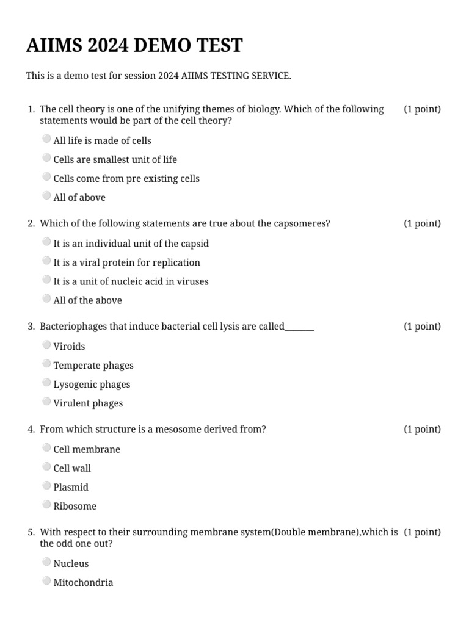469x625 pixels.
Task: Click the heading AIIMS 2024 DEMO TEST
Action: (x=134, y=46)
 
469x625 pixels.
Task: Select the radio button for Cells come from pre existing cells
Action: (x=47, y=177)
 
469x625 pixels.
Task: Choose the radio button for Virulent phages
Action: (x=47, y=402)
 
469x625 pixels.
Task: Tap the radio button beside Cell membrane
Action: (x=47, y=447)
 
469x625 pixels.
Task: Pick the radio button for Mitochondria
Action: (x=47, y=581)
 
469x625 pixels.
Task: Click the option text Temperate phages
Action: (x=93, y=366)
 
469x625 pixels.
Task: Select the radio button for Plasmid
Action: (x=47, y=485)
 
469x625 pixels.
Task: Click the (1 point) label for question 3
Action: (x=422, y=327)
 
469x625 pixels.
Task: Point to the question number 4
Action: (x=31, y=430)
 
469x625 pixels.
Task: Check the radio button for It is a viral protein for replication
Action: (x=47, y=261)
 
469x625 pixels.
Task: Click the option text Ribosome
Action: (x=75, y=507)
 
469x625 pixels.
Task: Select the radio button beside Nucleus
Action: (x=47, y=562)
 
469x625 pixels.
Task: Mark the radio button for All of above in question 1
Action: (x=47, y=196)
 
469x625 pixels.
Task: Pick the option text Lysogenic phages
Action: (x=92, y=385)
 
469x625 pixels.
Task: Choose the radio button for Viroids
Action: (x=47, y=345)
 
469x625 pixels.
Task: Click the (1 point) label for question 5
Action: (x=422, y=532)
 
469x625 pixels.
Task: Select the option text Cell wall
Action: (x=72, y=469)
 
